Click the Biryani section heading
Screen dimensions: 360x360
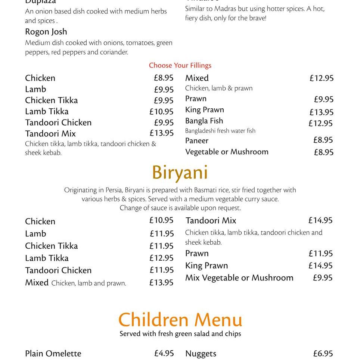click(x=180, y=173)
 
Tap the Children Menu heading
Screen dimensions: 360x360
click(x=180, y=320)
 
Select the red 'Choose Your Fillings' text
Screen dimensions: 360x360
click(x=180, y=65)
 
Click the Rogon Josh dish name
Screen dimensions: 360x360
click(x=46, y=32)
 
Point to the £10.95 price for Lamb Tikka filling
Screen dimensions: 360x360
click(x=161, y=112)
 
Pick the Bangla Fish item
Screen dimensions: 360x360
click(x=204, y=121)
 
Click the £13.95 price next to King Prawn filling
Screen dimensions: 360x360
click(x=321, y=112)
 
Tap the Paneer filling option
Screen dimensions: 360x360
click(x=197, y=141)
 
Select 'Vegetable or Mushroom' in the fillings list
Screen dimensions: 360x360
click(x=227, y=152)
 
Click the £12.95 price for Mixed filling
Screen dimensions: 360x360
click(x=321, y=78)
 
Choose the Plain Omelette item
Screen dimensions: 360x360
click(x=53, y=354)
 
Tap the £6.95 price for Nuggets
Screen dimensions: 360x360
click(x=323, y=354)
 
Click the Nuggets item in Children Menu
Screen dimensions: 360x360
click(x=201, y=354)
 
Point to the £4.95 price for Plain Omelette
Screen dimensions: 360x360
click(x=164, y=353)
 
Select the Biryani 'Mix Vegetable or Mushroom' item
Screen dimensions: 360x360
click(x=239, y=278)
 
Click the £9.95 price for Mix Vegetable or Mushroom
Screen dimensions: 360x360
click(x=322, y=278)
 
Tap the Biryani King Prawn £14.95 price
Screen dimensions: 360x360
click(x=320, y=266)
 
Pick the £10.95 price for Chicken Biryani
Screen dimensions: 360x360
click(x=161, y=220)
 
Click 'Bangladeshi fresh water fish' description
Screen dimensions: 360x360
click(x=220, y=131)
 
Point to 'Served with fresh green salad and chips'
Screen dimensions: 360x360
click(x=180, y=334)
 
